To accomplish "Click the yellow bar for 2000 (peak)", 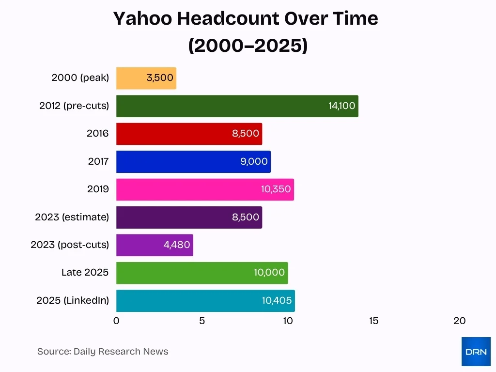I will pyautogui.click(x=146, y=78).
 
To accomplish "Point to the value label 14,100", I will pyautogui.click(x=341, y=106).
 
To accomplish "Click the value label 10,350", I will pyautogui.click(x=276, y=189).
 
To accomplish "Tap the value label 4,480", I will pyautogui.click(x=177, y=245).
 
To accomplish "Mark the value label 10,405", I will pyautogui.click(x=277, y=301).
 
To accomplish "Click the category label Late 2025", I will pyautogui.click(x=85, y=273).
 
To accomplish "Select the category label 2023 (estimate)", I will pyautogui.click(x=72, y=217).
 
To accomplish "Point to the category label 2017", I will pyautogui.click(x=98, y=161).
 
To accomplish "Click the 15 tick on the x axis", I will pyautogui.click(x=373, y=321).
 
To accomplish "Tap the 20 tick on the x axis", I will pyautogui.click(x=459, y=321).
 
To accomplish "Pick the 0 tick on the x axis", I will pyautogui.click(x=116, y=321).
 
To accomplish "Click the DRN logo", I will pyautogui.click(x=476, y=352).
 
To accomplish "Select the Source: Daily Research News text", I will pyautogui.click(x=103, y=352).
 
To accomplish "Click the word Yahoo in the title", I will pyautogui.click(x=142, y=19).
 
